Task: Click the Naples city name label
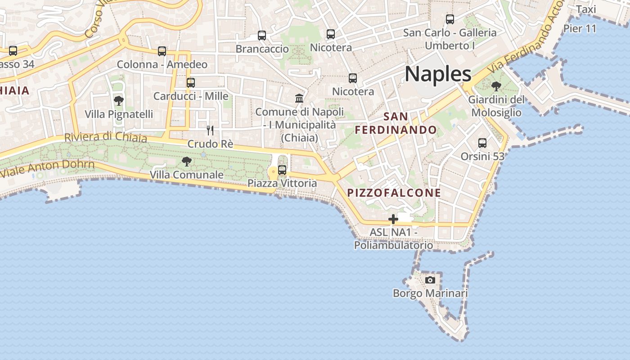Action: pos(438,74)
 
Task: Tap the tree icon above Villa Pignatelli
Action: pos(119,101)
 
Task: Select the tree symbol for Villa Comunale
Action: pos(186,161)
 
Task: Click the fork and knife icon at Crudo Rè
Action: pos(210,130)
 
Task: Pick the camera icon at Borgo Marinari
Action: pos(430,280)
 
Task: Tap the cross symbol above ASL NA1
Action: pos(393,219)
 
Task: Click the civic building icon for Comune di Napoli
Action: pos(299,98)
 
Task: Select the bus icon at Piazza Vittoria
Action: pos(282,170)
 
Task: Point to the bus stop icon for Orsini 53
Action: pos(482,143)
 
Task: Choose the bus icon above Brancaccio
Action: pos(262,35)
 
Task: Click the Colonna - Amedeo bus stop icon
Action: pos(162,51)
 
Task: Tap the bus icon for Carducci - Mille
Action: pos(191,83)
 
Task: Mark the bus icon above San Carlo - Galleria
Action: pos(450,19)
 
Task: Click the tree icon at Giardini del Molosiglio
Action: pos(496,86)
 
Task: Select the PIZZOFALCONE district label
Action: pos(394,193)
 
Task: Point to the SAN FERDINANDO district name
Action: pos(396,123)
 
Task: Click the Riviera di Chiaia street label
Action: pos(106,137)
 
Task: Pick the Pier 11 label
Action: pos(580,29)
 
